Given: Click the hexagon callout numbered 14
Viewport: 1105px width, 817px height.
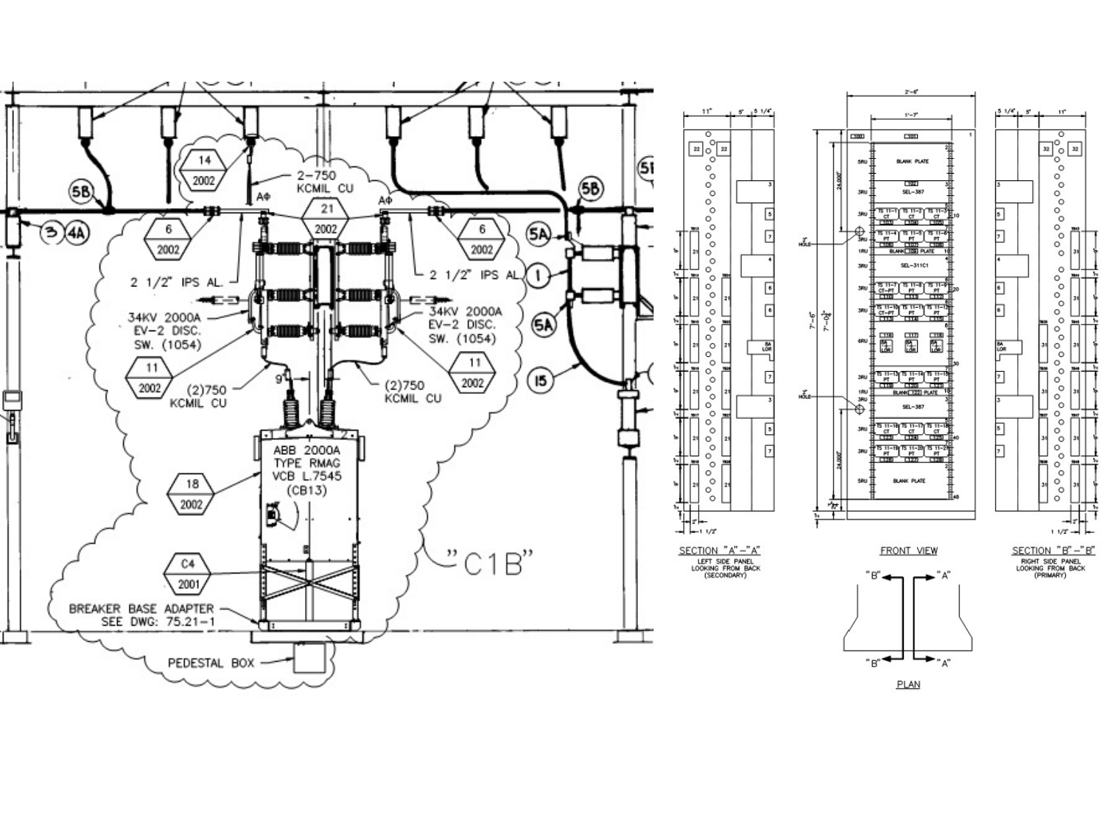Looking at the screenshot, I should pyautogui.click(x=204, y=170).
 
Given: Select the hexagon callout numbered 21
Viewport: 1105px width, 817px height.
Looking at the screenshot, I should pyautogui.click(x=326, y=219).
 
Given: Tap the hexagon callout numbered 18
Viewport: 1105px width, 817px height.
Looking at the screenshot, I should pyautogui.click(x=192, y=494).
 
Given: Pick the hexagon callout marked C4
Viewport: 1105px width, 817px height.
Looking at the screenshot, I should pyautogui.click(x=188, y=574).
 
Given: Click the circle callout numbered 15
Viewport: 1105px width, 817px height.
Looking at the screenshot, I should pyautogui.click(x=541, y=380).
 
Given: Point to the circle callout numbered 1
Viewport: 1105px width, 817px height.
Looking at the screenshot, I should pyautogui.click(x=539, y=276).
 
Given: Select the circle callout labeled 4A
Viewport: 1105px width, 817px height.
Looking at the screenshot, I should pyautogui.click(x=77, y=233).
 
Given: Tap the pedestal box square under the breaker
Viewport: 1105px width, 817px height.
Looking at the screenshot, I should pyautogui.click(x=309, y=657).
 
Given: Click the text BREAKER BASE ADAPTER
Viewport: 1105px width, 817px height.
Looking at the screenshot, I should pyautogui.click(x=141, y=609).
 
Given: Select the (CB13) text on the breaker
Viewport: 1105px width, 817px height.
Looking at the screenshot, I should pyautogui.click(x=306, y=491).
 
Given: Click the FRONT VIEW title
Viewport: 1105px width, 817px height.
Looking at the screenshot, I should pyautogui.click(x=908, y=551).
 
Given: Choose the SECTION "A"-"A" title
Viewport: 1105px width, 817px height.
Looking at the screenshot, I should pyautogui.click(x=719, y=551).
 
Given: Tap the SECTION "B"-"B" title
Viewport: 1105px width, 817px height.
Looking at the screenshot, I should pyautogui.click(x=1053, y=551).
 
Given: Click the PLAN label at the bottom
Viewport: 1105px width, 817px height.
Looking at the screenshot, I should pyautogui.click(x=908, y=685).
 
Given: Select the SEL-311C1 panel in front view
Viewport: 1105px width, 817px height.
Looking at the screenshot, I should pyautogui.click(x=912, y=265).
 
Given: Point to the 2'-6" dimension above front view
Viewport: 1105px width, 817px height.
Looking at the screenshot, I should pyautogui.click(x=911, y=92).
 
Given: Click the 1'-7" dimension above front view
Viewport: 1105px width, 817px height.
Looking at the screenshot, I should pyautogui.click(x=911, y=115).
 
